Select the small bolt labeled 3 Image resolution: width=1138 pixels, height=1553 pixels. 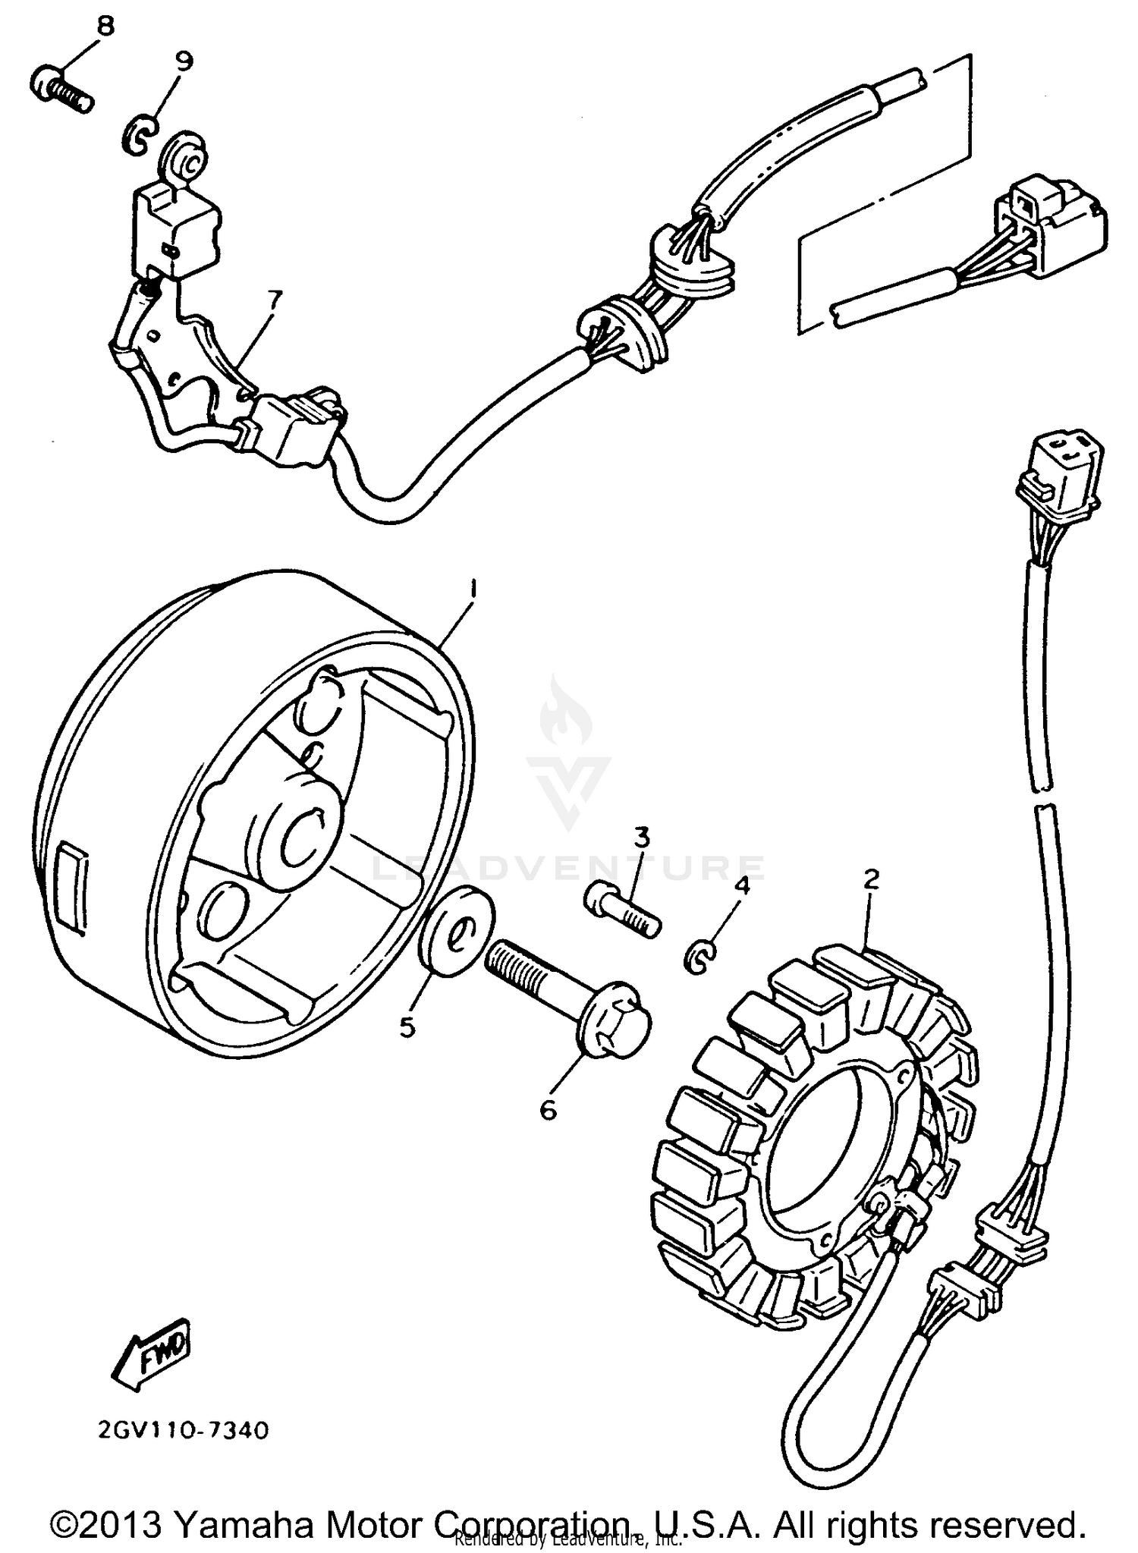(621, 913)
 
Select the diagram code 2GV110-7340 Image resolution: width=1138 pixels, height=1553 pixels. (183, 1432)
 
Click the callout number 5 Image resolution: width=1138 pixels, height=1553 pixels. (407, 1027)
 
